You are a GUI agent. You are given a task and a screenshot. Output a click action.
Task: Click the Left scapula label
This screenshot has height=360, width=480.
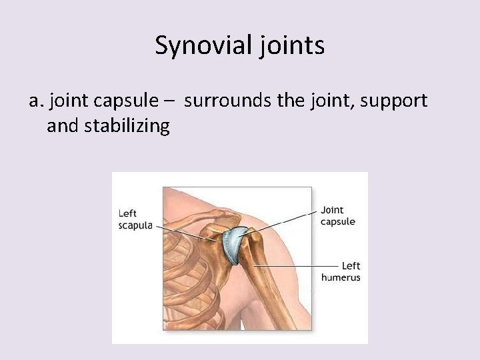135,219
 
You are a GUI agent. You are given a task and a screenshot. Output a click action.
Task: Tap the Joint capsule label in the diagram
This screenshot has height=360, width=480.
338,216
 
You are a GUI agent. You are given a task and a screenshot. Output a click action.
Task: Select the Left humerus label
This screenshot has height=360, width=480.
341,271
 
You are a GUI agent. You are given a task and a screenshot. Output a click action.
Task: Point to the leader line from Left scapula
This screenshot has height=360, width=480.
180,229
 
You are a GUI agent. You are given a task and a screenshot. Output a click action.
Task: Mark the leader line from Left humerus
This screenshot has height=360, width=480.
293,266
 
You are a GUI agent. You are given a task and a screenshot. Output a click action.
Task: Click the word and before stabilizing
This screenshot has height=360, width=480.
63,125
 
